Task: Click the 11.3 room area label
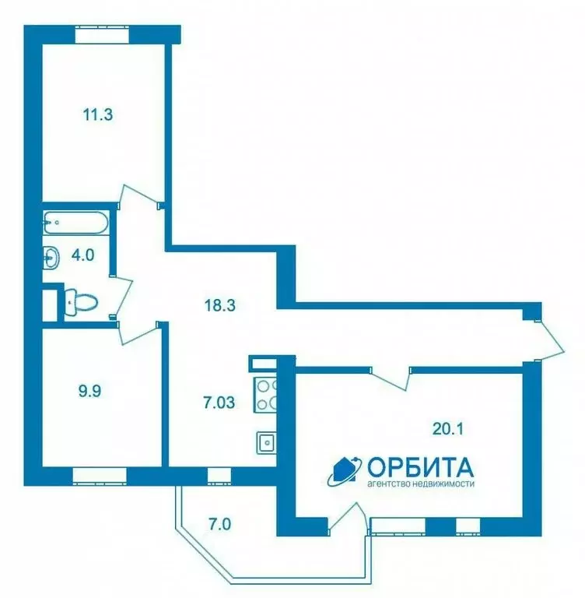pos(98,115)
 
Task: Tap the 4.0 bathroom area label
pos(82,254)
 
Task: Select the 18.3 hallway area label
pos(219,305)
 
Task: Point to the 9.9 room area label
pos(90,392)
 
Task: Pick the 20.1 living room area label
pos(448,427)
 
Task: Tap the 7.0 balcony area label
pos(219,523)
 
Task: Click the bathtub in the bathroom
pos(75,223)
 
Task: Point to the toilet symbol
pos(79,301)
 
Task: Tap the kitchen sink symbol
pos(266,441)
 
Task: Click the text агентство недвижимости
pos(420,484)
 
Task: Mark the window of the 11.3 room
pos(103,33)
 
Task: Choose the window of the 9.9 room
pos(99,473)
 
